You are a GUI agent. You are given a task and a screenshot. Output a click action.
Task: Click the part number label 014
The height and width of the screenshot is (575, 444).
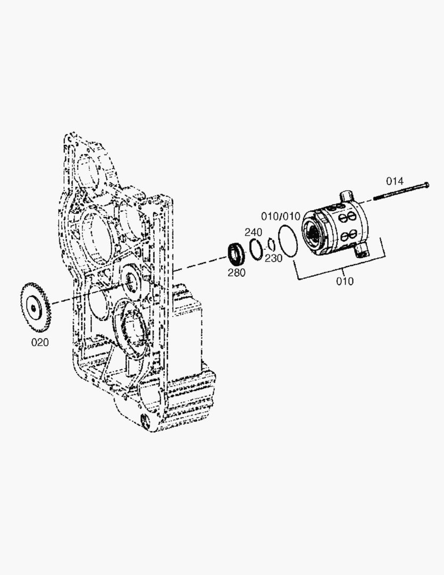395,181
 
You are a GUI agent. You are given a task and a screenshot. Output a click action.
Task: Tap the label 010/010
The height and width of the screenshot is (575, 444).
281,216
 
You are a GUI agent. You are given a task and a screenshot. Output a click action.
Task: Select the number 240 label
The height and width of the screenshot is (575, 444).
254,232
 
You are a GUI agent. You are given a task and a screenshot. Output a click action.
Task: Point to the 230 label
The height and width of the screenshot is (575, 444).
274,258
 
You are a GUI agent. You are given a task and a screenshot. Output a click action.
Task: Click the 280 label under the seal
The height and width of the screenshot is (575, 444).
237,273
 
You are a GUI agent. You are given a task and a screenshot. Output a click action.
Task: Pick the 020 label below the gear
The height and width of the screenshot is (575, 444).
40,342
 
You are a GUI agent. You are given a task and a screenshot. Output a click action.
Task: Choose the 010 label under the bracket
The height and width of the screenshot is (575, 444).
345,281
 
